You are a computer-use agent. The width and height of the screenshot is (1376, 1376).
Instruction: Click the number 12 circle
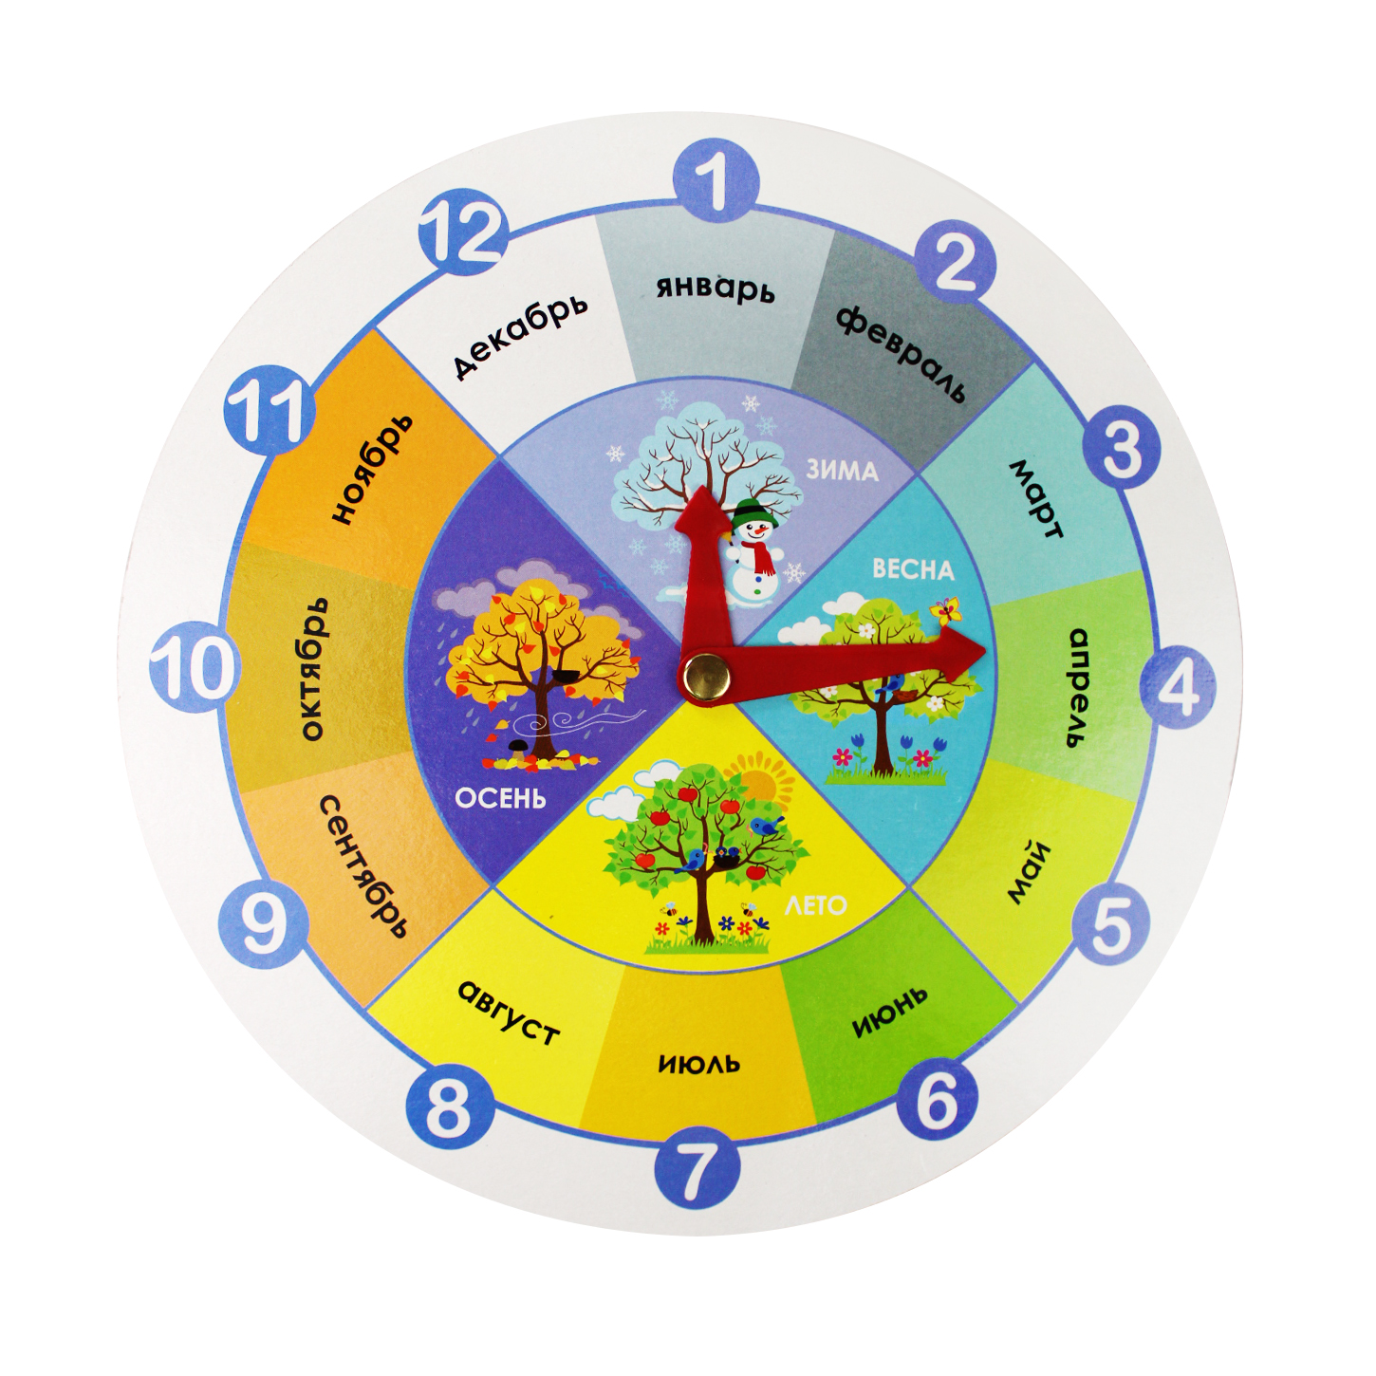pyautogui.click(x=463, y=232)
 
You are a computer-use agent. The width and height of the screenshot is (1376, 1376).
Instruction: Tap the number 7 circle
pyautogui.click(x=697, y=1168)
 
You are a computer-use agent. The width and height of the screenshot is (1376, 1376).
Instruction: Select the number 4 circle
pyautogui.click(x=1176, y=686)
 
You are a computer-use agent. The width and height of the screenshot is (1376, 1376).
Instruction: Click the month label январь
pyautogui.click(x=716, y=287)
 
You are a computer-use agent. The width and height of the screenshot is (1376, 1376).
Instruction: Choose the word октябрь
pyautogui.click(x=312, y=668)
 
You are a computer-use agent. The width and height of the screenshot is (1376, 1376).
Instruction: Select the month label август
pyautogui.click(x=508, y=1011)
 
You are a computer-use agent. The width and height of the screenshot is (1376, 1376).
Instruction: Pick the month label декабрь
pyautogui.click(x=519, y=334)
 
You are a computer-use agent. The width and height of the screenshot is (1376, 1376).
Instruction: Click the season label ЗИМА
pyautogui.click(x=842, y=470)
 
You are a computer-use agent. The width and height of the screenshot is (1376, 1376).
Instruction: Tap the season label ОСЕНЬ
pyautogui.click(x=500, y=798)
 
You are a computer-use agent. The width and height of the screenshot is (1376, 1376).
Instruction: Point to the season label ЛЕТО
pyautogui.click(x=815, y=905)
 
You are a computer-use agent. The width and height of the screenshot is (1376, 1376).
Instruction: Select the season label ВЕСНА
pyautogui.click(x=912, y=569)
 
